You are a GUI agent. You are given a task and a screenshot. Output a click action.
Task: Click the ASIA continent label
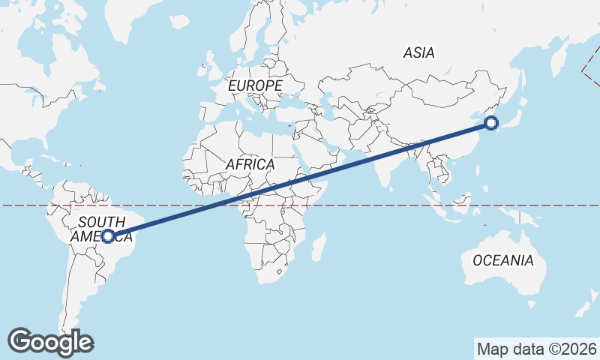tap(418, 52)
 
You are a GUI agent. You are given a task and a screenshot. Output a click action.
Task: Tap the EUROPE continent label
tap(255, 86)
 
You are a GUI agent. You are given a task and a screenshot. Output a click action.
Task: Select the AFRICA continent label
tap(250, 163)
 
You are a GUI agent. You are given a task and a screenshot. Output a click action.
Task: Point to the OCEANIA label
tap(502, 261)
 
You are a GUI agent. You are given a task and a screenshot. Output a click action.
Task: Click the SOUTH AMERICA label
tap(101, 229)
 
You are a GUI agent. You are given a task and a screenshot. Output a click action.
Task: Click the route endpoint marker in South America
tap(108, 236)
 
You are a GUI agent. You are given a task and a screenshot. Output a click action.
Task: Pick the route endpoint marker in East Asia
tap(491, 123)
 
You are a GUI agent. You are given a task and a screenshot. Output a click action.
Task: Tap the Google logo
tap(50, 342)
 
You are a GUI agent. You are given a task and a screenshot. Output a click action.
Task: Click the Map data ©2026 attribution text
tap(536, 349)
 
